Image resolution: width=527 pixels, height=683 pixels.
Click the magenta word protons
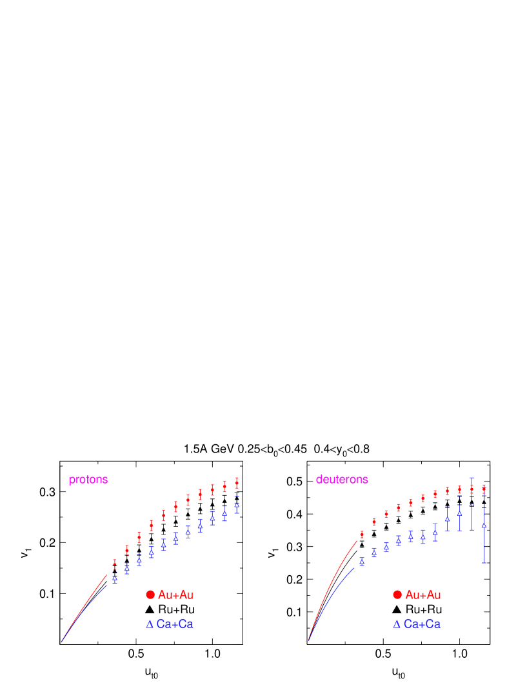point(88,480)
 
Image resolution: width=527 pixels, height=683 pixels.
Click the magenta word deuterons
point(342,480)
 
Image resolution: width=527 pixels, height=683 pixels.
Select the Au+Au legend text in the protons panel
point(175,595)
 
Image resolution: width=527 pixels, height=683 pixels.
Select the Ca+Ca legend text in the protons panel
point(175,624)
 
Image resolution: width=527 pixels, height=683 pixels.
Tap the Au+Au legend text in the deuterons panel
point(423,595)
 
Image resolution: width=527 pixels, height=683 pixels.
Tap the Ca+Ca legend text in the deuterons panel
point(423,624)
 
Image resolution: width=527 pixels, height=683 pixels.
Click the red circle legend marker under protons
point(150,595)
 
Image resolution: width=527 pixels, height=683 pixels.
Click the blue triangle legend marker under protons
point(150,624)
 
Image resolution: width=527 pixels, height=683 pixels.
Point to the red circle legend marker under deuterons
point(397,595)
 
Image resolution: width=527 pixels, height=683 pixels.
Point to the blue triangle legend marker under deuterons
point(397,624)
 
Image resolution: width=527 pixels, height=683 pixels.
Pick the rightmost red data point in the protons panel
point(237,483)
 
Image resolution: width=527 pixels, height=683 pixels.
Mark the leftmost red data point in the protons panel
point(115,563)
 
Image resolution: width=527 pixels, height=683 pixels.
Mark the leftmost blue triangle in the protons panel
point(115,579)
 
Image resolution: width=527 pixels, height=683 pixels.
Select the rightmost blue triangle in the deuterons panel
point(484,525)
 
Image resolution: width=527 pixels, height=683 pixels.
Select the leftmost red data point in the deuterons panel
point(362,535)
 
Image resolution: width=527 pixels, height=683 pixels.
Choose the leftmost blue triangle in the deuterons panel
point(362,561)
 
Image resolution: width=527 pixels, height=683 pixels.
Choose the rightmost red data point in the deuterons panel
point(484,489)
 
